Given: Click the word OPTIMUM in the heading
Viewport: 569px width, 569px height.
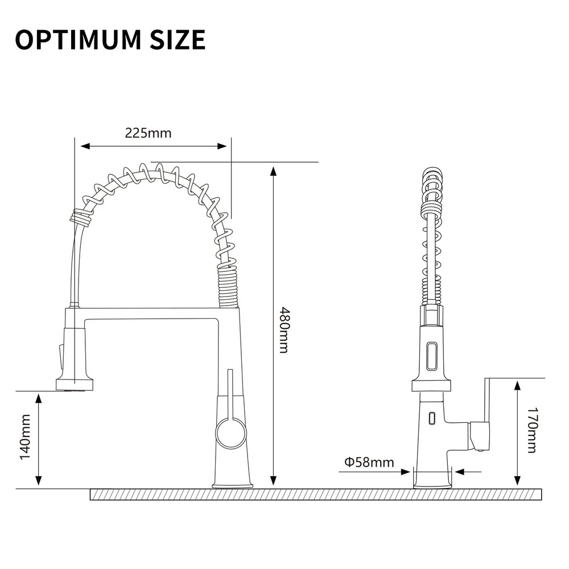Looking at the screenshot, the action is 77,39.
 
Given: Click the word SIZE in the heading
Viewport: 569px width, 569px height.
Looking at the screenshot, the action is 178,39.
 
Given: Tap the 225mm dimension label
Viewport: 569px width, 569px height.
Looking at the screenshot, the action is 148,133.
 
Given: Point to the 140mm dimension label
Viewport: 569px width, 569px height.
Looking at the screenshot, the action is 25,437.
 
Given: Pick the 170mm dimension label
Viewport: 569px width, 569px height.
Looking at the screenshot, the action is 531,430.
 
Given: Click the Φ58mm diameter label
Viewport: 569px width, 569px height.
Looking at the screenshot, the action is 369,462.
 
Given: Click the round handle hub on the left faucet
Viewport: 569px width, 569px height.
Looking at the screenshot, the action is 231,432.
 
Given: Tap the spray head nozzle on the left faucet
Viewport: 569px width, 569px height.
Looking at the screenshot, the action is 75,385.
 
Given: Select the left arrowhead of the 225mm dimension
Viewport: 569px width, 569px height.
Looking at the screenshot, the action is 85,146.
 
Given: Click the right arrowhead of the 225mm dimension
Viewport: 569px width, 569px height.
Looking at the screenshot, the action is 222,146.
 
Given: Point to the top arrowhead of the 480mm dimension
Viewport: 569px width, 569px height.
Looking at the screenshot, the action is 274,172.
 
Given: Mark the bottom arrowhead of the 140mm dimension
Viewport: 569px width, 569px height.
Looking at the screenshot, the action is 38,480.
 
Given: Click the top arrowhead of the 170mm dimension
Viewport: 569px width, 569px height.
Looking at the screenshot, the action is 518,385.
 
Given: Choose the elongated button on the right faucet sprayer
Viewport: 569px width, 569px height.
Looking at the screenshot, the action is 431,357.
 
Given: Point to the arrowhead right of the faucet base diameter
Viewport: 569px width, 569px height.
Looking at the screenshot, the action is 460,472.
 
